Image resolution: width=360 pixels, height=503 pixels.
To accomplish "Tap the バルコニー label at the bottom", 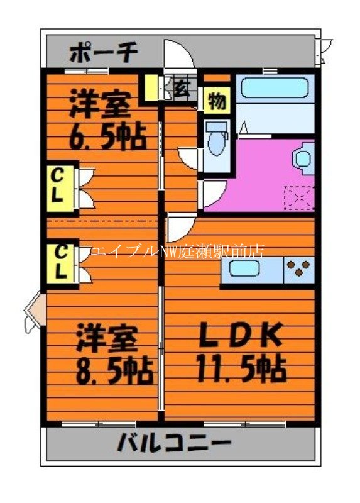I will pyautogui.click(x=174, y=445).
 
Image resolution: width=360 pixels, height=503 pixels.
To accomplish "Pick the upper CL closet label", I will pyautogui.click(x=58, y=186).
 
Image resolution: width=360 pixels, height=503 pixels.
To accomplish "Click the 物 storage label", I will pyautogui.click(x=217, y=101).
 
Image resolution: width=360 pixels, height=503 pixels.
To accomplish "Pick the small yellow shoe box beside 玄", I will pyautogui.click(x=151, y=88).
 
